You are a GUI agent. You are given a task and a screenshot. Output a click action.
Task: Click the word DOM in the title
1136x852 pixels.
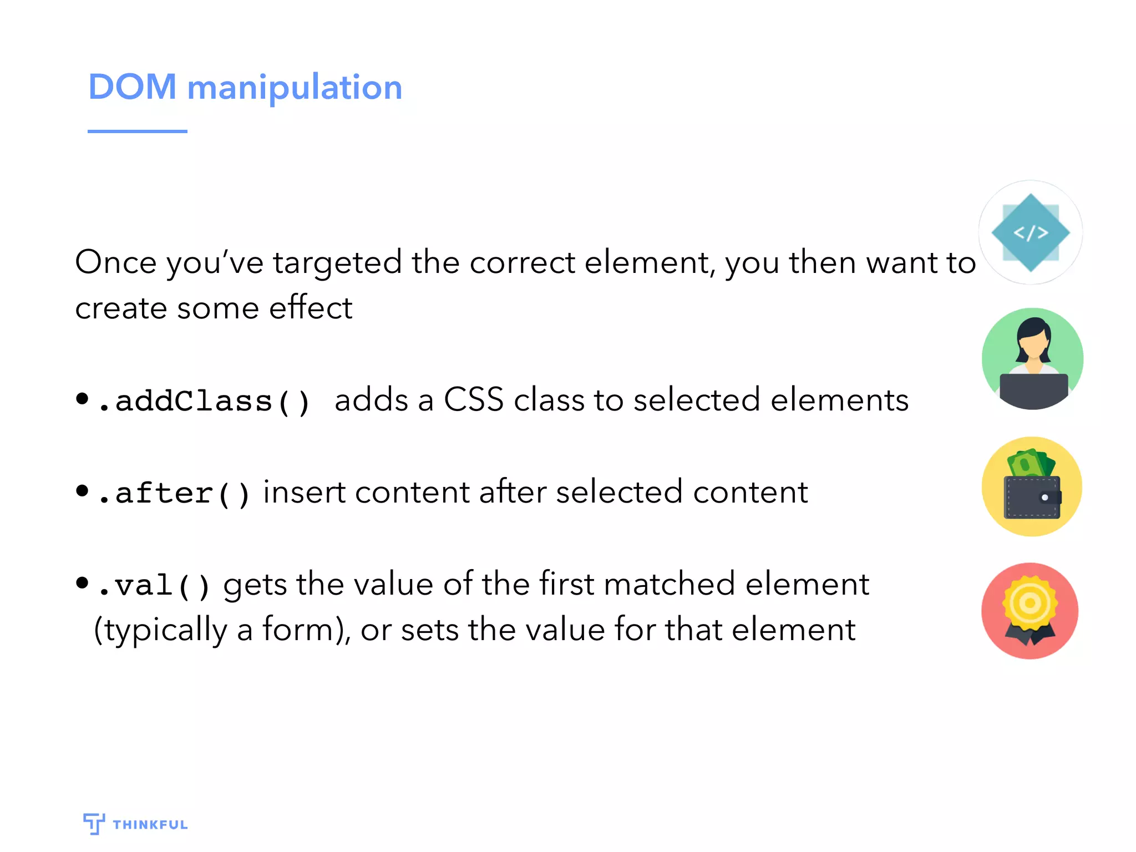click(132, 87)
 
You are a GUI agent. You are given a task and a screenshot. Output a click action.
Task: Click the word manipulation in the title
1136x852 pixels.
click(295, 88)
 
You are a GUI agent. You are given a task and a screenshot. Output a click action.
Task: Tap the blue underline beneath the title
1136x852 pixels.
click(137, 131)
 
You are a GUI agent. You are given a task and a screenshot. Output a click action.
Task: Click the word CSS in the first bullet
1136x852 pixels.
click(473, 399)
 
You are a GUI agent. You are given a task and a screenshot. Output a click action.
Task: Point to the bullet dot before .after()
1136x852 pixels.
click(82, 490)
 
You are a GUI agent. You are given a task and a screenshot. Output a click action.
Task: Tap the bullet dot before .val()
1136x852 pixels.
click(82, 582)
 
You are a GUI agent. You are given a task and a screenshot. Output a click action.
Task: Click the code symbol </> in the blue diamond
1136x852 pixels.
click(1031, 233)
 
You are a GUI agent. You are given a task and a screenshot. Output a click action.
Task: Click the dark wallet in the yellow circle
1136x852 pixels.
click(1032, 498)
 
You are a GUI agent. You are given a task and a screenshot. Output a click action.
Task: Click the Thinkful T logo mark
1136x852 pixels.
click(94, 823)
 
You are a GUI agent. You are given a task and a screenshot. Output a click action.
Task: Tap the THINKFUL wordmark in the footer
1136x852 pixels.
click(150, 825)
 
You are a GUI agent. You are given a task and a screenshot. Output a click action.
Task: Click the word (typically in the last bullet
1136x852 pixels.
click(160, 630)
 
